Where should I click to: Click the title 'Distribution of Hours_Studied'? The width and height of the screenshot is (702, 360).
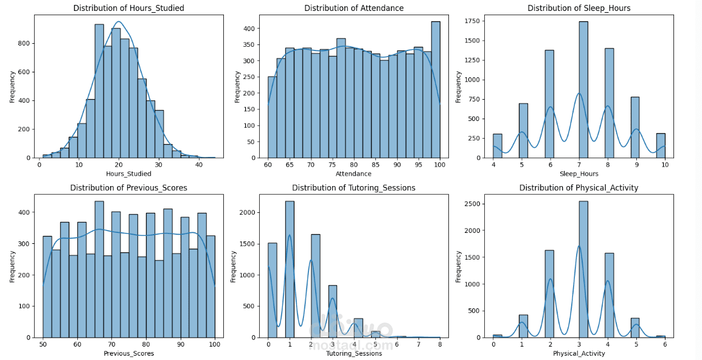[128, 8]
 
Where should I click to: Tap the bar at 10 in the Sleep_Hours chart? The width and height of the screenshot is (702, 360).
[660, 145]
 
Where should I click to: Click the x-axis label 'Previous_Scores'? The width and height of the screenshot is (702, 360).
[128, 353]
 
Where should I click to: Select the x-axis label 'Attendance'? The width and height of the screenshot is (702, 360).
[353, 174]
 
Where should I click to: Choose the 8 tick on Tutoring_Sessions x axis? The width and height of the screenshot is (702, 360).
[439, 345]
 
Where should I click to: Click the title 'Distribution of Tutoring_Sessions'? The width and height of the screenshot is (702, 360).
[353, 188]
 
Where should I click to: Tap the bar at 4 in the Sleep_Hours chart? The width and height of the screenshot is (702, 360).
[498, 146]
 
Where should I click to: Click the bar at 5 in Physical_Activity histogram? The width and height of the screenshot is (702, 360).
[634, 328]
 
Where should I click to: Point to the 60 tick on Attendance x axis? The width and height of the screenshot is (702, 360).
[268, 165]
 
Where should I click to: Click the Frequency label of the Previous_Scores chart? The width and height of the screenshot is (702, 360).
[12, 266]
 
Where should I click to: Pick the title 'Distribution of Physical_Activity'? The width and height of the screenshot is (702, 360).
[579, 188]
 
